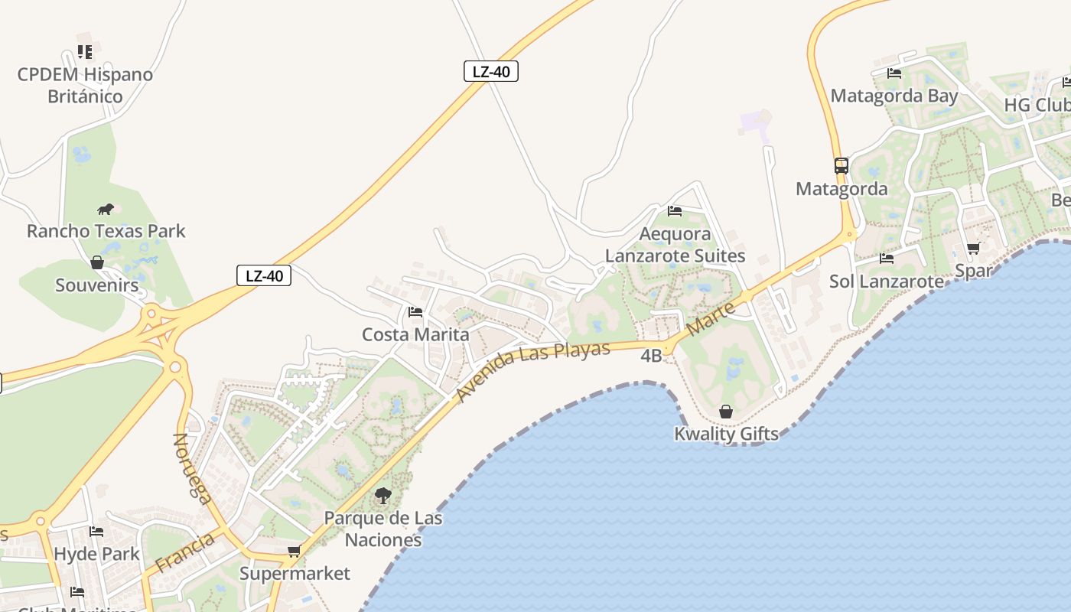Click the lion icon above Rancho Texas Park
pos(106,209)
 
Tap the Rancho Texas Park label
pos(106,230)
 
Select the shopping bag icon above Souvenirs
pos(97,263)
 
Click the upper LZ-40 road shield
pos(491,72)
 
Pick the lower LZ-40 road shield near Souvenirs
pos(264,275)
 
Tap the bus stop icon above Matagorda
pos(841,166)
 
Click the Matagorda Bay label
pos(894,96)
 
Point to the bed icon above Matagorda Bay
pos(894,73)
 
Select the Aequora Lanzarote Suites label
pos(675,244)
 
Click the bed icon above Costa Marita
pos(415,312)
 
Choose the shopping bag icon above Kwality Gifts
pos(725,412)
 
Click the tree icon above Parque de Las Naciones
pos(382,496)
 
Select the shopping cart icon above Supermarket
pos(295,552)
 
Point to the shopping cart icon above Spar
pos(973,249)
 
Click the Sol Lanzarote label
pos(887,281)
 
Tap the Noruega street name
pos(193,468)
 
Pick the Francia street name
pos(184,553)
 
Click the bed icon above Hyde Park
pos(96,532)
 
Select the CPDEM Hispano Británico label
pos(85,85)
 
